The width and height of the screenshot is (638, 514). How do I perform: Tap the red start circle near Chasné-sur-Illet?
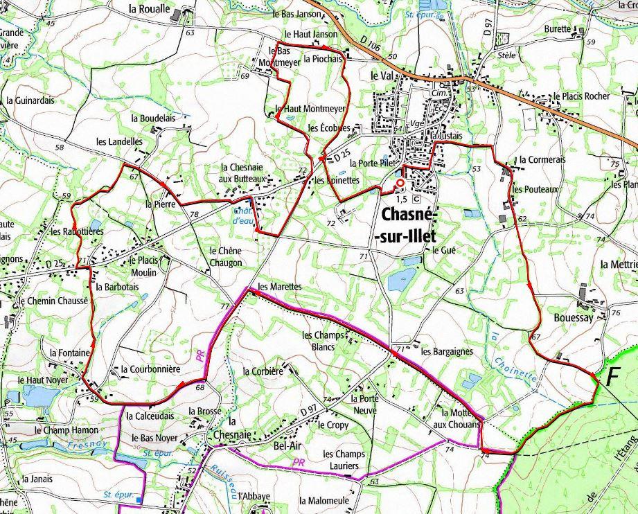400,183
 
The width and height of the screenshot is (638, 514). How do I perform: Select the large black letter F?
612,378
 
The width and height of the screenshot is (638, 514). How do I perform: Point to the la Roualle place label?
150,9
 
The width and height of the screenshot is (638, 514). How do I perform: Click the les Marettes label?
279,286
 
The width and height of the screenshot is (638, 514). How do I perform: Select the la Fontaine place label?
70,353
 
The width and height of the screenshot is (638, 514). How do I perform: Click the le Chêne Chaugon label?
225,257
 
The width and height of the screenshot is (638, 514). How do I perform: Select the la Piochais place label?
323,60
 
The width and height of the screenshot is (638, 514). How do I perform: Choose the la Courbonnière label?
150,369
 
